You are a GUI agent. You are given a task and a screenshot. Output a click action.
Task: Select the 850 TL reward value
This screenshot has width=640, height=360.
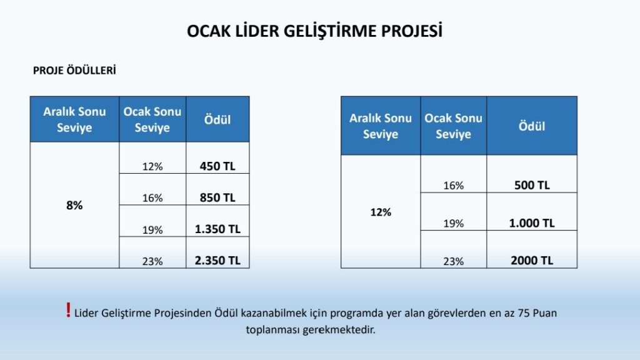[217, 197]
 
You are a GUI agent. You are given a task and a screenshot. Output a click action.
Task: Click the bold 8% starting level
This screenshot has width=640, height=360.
[74, 205]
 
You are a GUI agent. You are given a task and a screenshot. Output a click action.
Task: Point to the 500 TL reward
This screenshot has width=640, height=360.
[532, 185]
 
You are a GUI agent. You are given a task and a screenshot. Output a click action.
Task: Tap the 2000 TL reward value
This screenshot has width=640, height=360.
[532, 261]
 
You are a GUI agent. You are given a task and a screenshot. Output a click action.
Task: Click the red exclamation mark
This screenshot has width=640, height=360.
[68, 310]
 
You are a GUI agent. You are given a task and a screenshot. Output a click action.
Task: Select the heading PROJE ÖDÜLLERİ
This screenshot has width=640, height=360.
[75, 71]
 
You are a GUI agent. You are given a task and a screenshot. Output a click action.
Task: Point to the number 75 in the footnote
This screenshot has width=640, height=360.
[524, 313]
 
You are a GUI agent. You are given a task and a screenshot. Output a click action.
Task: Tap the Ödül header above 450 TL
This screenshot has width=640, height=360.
[217, 119]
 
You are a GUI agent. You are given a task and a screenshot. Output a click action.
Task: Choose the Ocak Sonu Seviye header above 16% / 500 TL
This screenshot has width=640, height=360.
[454, 126]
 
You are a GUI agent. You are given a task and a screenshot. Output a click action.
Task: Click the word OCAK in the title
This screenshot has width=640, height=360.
[209, 31]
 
